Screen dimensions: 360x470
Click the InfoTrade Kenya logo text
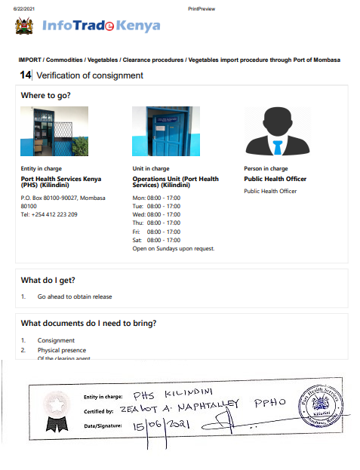coord(101,26)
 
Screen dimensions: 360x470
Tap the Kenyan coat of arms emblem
coord(24,26)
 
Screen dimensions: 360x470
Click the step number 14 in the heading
coord(26,75)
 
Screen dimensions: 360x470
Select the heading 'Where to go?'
coord(46,96)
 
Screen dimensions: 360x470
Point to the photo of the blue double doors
coord(160,131)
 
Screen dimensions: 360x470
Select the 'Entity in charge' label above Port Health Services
coord(41,168)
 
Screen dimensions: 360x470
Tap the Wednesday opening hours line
coord(156,214)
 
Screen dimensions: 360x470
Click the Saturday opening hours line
coord(156,240)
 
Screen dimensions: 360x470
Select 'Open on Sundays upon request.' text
coord(174,248)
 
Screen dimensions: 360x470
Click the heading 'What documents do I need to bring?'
coord(88,324)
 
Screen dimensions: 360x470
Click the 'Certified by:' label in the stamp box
coord(98,412)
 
